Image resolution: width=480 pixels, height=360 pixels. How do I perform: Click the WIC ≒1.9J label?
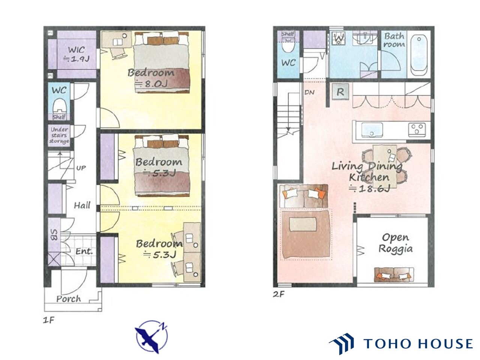pyautogui.click(x=76, y=54)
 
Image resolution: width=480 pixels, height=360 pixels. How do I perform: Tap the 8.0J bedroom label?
pyautogui.click(x=151, y=78)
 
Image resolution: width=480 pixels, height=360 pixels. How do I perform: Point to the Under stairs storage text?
pyautogui.click(x=59, y=135)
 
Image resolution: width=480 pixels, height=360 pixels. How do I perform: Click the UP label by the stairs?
pyautogui.click(x=81, y=168)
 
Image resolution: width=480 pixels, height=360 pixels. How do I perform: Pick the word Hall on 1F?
pyautogui.click(x=82, y=205)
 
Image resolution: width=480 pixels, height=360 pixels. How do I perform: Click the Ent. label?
pyautogui.click(x=84, y=251)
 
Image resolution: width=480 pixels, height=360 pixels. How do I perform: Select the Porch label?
pyautogui.click(x=69, y=299)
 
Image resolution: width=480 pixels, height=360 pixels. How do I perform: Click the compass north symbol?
pyautogui.click(x=151, y=337)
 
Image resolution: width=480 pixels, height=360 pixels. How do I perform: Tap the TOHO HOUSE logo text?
pyautogui.click(x=418, y=343)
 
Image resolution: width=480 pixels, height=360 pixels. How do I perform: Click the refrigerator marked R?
pyautogui.click(x=340, y=92)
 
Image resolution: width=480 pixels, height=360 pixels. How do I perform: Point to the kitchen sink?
pyautogui.click(x=372, y=130)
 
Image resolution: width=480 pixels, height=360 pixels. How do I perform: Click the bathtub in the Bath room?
pyautogui.click(x=419, y=55)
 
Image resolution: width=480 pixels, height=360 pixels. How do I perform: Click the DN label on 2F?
pyautogui.click(x=309, y=93)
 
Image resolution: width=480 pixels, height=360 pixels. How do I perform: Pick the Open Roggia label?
pyautogui.click(x=395, y=243)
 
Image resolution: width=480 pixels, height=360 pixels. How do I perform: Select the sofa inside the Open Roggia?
pyautogui.click(x=394, y=275)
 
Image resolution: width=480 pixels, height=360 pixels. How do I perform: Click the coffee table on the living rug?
pyautogui.click(x=303, y=224)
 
